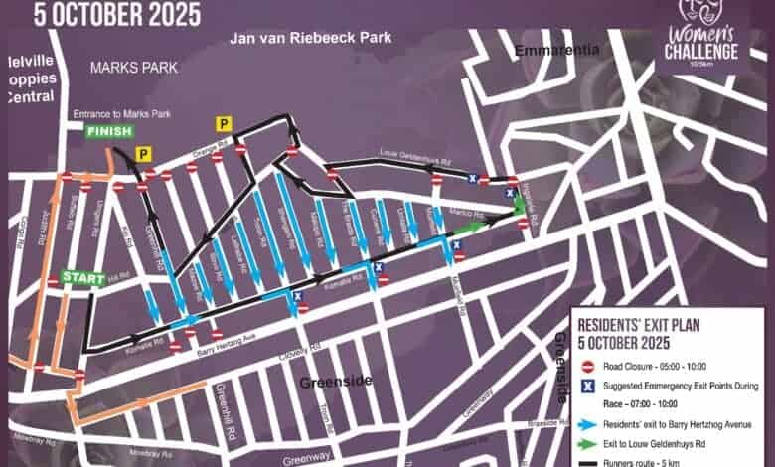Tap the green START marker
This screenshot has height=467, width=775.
pos(82,278)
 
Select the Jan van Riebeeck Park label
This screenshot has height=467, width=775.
pos(310,38)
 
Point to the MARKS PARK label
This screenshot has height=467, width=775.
pos(133,68)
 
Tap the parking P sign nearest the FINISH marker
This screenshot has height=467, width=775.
pos(143,154)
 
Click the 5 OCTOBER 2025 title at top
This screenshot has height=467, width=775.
pos(117,14)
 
